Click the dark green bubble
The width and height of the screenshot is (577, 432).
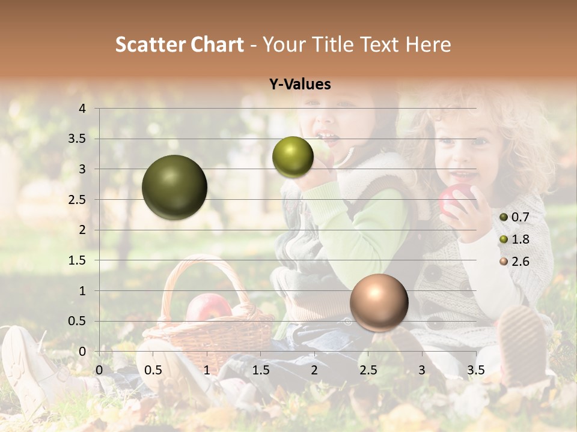(174, 187)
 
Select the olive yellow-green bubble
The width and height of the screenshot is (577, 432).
(293, 157)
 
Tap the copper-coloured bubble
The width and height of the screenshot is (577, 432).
(379, 302)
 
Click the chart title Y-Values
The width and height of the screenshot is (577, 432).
(300, 85)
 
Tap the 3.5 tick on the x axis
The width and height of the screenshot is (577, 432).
(475, 370)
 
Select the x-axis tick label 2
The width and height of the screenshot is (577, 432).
(314, 370)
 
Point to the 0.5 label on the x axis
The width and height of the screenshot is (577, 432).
(153, 370)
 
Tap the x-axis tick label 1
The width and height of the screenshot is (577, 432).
(207, 370)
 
